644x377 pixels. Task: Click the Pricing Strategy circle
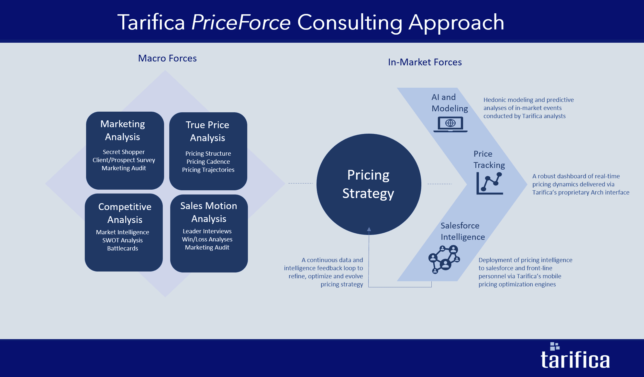point(369,184)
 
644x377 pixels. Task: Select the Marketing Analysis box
point(125,150)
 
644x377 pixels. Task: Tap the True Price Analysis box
point(208,151)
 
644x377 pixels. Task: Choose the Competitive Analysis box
point(124,232)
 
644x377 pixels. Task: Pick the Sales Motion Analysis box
point(209,233)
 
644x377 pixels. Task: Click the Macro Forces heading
point(167,58)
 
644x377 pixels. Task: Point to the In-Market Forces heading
point(425,62)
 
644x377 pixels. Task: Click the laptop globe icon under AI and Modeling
point(450,124)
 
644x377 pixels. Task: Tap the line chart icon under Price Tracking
point(490,183)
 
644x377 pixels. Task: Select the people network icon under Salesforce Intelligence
point(444,259)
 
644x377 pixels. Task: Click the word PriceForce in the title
point(241,22)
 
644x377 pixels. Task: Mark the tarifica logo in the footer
point(575,356)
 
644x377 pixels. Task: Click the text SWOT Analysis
point(123,240)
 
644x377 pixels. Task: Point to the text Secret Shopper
point(124,152)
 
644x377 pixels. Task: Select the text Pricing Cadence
point(208,161)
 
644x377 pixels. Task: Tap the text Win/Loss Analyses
point(207,239)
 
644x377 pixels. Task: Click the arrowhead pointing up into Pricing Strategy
point(369,229)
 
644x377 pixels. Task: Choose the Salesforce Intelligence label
point(463,231)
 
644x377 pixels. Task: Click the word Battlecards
point(123,248)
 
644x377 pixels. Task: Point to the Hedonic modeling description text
point(528,108)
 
